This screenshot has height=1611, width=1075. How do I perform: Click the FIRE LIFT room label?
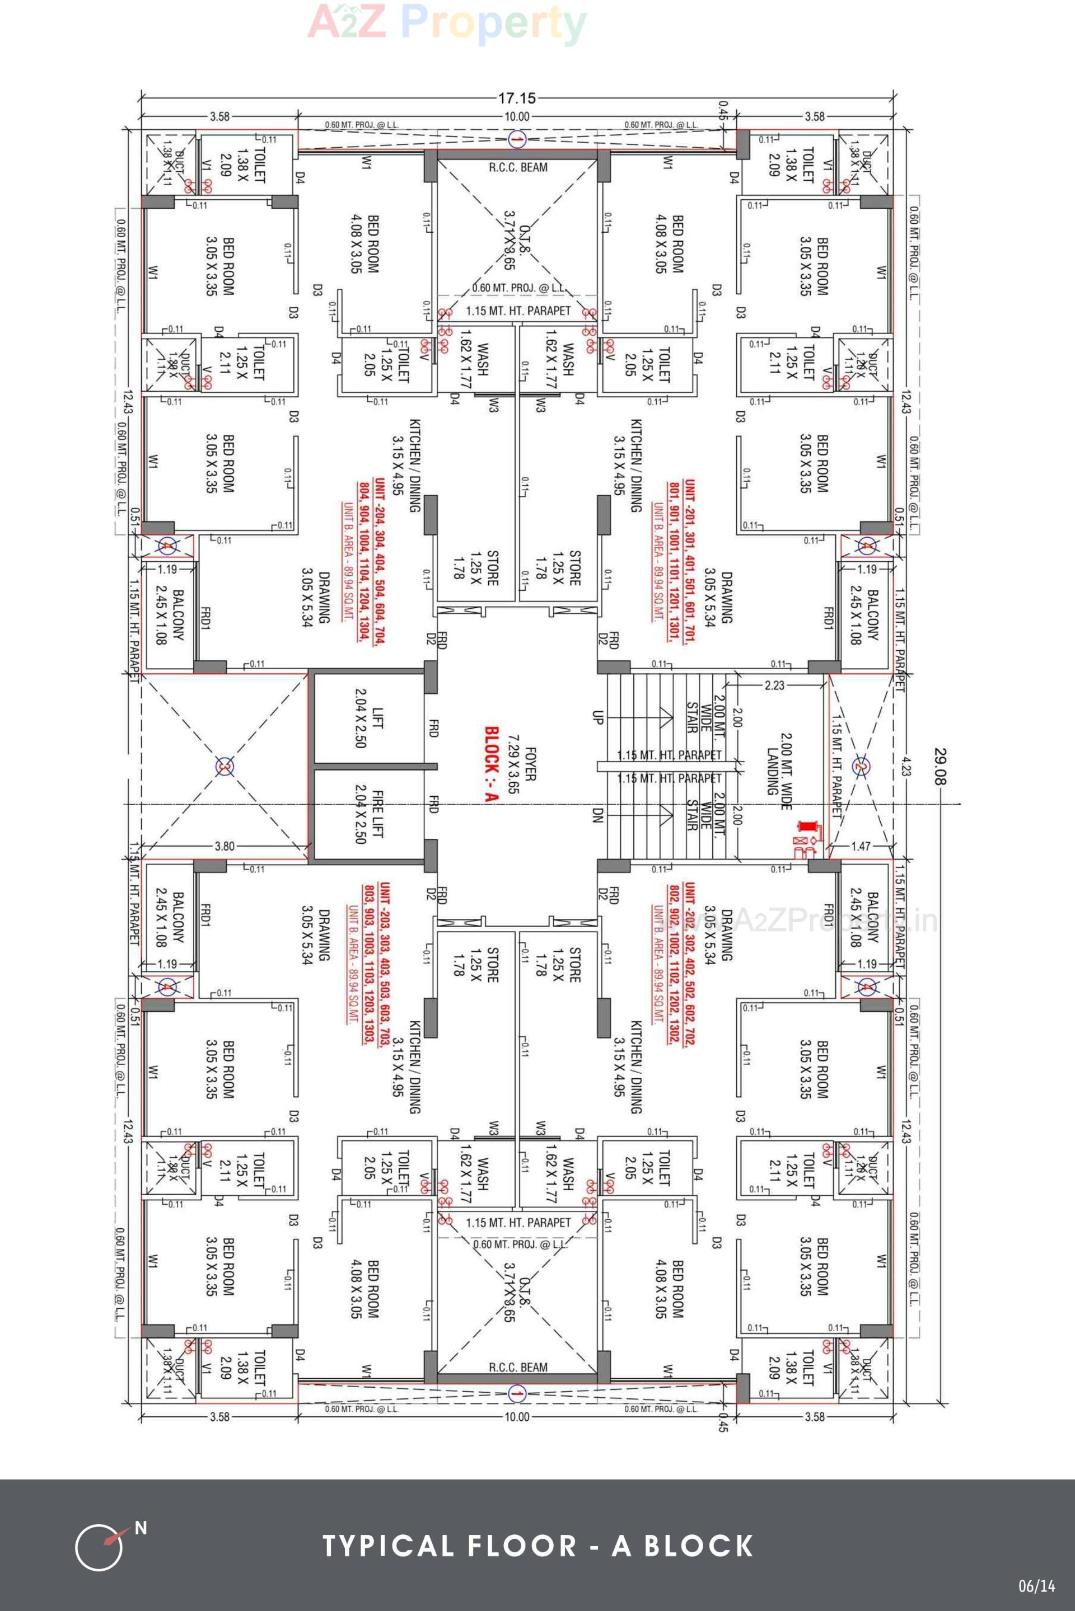[369, 814]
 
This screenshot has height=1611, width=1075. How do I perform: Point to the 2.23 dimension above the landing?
[774, 684]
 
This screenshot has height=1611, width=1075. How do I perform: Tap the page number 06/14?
[1036, 1586]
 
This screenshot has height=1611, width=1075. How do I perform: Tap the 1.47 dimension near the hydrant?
[861, 846]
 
